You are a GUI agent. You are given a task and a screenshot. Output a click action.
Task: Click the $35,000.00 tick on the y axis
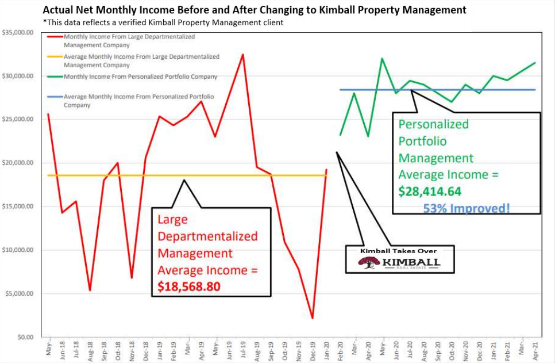point(17,33)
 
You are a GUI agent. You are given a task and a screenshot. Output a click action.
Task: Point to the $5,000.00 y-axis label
point(18,294)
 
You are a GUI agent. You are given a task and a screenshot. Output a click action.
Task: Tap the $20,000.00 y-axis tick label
point(17,163)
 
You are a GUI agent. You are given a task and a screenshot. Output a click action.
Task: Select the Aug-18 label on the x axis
point(90,349)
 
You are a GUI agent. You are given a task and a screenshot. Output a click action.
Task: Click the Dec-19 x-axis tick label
point(313,349)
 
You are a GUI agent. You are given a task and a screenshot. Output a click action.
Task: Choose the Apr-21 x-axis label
point(535,349)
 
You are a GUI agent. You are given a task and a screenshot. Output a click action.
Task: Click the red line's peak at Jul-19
point(243,55)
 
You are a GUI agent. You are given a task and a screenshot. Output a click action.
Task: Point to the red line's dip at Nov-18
point(132,278)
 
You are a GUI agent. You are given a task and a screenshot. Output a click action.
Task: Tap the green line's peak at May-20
point(381,59)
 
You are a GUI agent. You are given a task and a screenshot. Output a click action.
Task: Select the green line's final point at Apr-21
point(535,63)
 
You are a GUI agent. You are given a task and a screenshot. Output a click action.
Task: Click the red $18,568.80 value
point(188,286)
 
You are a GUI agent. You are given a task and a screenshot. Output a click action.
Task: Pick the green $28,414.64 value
point(430,192)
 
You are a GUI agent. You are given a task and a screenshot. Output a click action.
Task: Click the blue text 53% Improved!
point(466,208)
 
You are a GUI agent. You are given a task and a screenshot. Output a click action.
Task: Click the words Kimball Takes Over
point(398,251)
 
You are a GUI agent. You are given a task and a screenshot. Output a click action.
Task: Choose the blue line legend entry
point(138,101)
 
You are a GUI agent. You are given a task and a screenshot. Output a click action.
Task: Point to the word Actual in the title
point(59,10)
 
